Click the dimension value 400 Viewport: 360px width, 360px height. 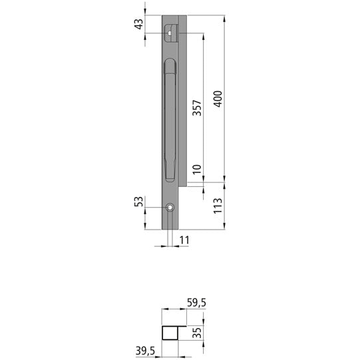[217, 100]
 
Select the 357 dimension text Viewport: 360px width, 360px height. [197, 108]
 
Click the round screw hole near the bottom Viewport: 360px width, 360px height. [170, 208]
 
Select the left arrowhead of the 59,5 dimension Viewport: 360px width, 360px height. [165, 310]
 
